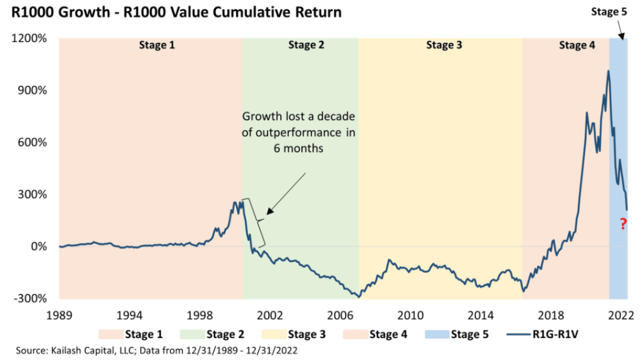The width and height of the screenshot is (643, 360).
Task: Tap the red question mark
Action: coord(623,224)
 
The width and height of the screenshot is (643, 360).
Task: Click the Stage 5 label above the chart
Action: coord(608,12)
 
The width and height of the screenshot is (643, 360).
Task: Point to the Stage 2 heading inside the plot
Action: coord(306,46)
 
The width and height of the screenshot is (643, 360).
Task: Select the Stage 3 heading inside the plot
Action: coord(444,46)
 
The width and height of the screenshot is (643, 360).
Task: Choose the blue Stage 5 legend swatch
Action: coord(437,335)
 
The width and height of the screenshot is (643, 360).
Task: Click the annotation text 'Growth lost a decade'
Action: coord(298,116)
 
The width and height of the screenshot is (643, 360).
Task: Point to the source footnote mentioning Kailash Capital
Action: coord(161,351)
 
